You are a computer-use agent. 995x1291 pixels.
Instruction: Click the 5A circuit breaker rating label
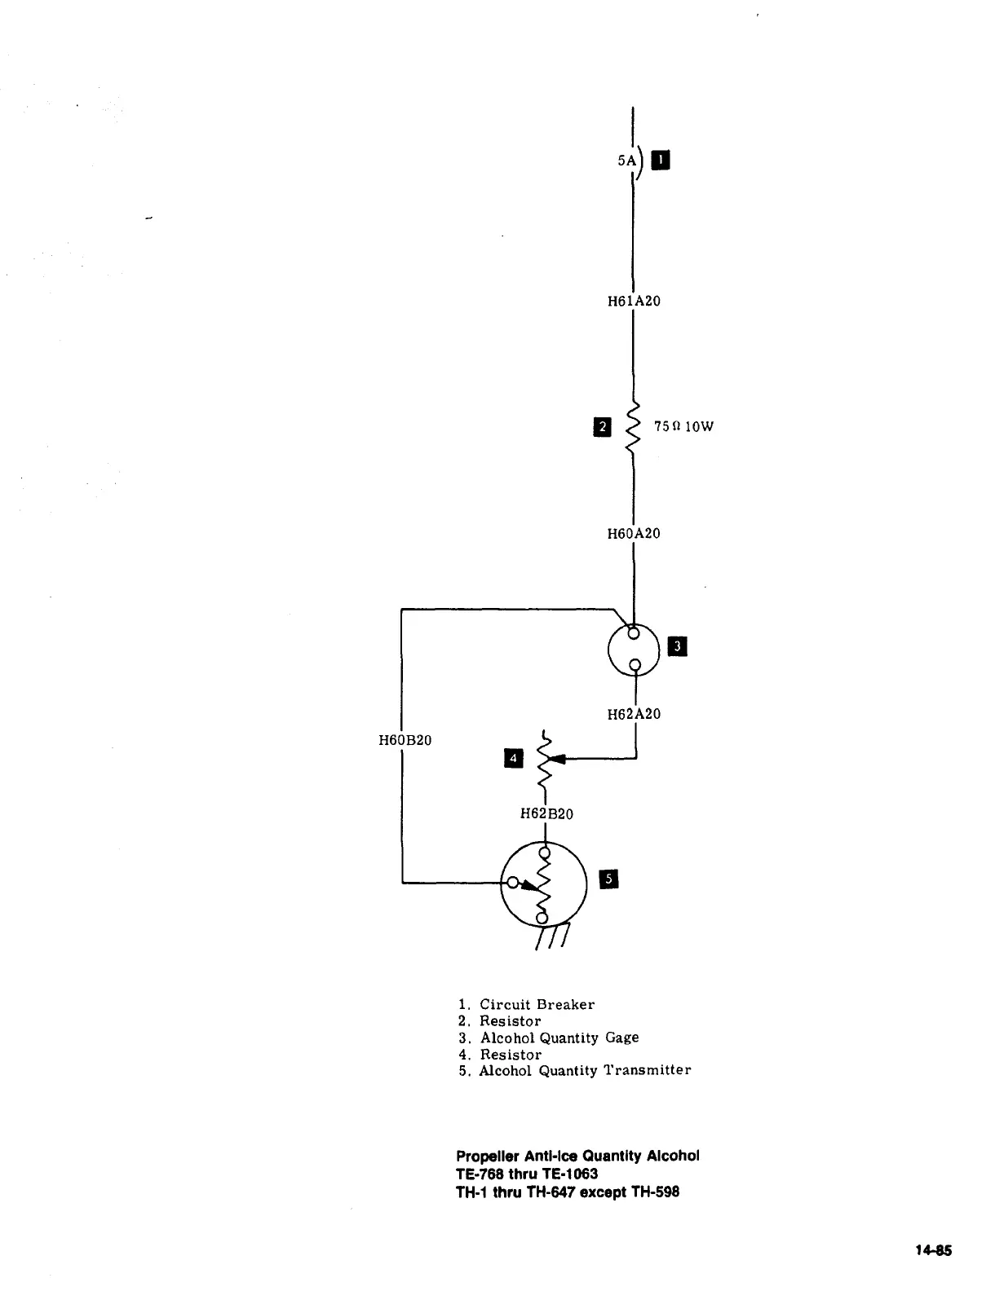click(626, 161)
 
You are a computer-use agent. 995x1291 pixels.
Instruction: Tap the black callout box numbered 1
click(661, 160)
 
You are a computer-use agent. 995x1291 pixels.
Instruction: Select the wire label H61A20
click(634, 302)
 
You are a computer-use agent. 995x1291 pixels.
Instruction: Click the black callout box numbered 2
click(602, 426)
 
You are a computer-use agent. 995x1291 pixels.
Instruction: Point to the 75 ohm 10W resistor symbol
click(633, 426)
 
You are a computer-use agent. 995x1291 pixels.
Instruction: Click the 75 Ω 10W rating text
click(683, 426)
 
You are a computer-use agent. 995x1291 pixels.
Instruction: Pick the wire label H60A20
click(634, 534)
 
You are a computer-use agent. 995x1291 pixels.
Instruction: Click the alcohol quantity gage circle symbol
click(634, 649)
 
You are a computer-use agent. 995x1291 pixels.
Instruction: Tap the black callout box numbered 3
click(678, 647)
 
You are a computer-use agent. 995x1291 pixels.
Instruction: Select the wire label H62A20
click(634, 714)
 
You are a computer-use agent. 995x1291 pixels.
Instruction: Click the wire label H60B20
click(405, 740)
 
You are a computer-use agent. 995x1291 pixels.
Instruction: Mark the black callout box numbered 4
click(513, 759)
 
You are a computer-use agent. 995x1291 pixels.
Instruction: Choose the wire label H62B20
click(546, 813)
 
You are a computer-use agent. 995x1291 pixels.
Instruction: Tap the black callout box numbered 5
click(609, 878)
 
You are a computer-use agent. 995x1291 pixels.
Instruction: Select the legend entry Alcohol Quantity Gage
click(559, 1038)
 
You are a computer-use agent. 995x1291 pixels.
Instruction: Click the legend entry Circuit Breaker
click(537, 1005)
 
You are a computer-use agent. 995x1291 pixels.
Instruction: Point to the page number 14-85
click(933, 1251)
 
